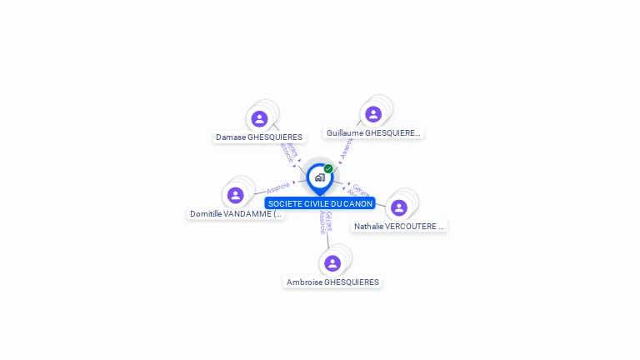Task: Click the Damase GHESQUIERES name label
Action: (259, 137)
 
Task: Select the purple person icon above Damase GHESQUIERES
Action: (259, 118)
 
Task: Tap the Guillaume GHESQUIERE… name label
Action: (374, 132)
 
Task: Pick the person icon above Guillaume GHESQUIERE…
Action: (373, 114)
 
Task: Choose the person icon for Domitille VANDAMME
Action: (236, 195)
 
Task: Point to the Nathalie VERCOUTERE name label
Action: (399, 226)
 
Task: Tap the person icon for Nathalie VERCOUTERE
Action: (399, 207)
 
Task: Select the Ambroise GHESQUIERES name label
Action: (332, 282)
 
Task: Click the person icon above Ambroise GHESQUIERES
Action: (332, 263)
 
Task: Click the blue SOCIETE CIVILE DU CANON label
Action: (320, 203)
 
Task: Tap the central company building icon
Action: (319, 177)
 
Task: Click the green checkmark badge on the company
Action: (328, 169)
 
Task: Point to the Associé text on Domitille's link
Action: (277, 187)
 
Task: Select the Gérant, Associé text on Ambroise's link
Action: (326, 222)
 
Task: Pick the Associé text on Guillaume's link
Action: (346, 147)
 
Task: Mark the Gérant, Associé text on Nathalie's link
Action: (357, 190)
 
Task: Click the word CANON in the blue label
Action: (359, 203)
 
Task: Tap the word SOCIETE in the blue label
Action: (283, 203)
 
